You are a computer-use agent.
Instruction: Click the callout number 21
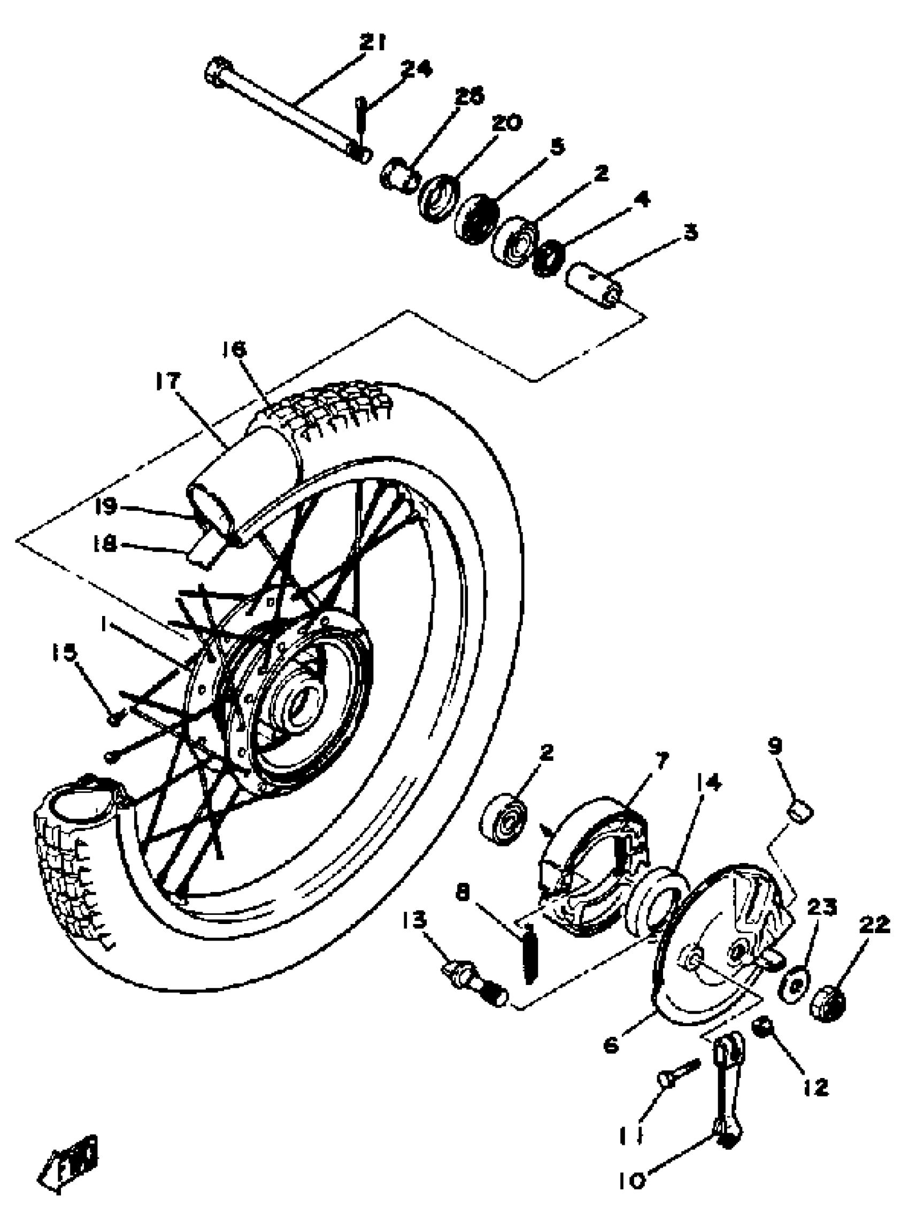pos(373,42)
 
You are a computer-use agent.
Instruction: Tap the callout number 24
pos(416,69)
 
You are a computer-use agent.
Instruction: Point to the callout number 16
pos(234,348)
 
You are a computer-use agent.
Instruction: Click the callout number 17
pos(167,380)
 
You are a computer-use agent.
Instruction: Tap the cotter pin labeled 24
pos(360,118)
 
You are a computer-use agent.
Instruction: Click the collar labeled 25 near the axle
pos(397,175)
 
